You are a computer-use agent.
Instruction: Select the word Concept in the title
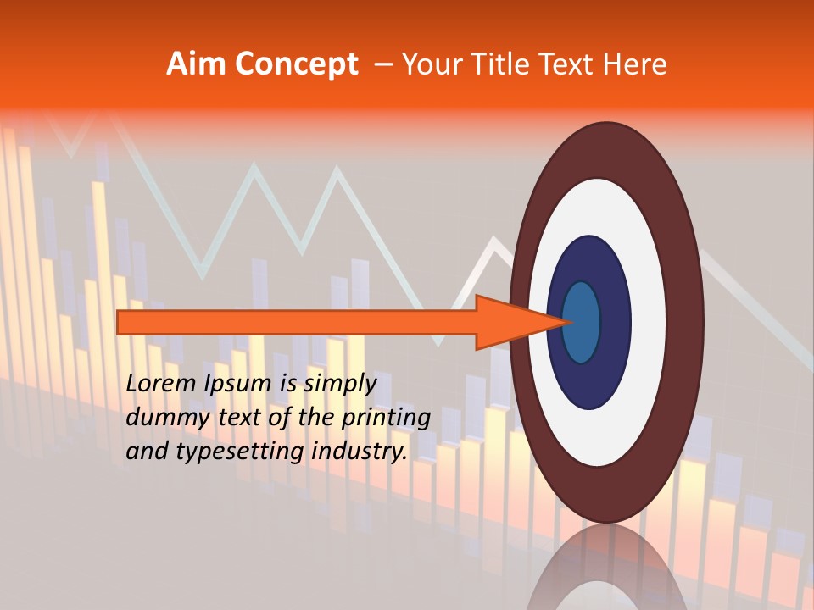point(295,64)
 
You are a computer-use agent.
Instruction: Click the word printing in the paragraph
point(385,419)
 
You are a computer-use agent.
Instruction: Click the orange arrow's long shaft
point(297,322)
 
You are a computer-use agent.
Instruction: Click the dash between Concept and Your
point(382,64)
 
